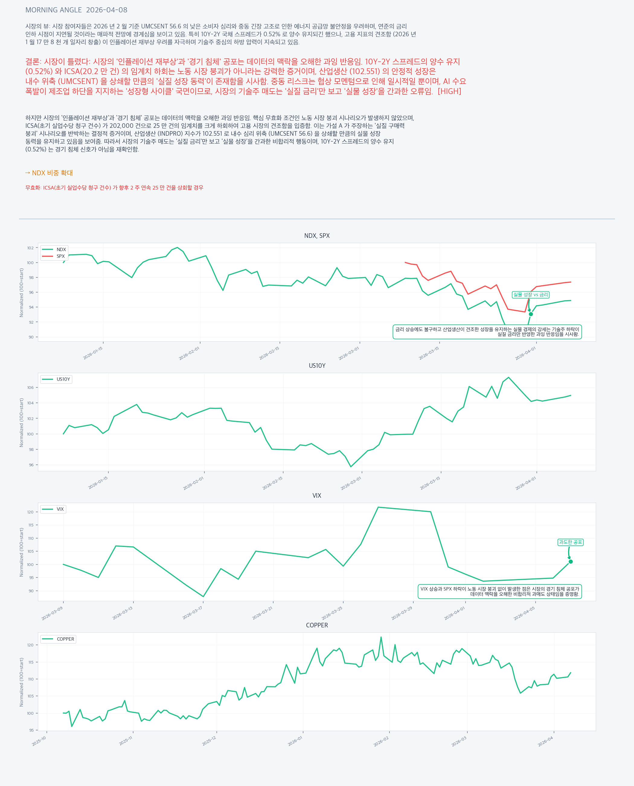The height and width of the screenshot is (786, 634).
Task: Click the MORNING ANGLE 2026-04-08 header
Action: point(76,10)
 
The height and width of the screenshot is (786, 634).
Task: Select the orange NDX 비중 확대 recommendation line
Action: point(49,173)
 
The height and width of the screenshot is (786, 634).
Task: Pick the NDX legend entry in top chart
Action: point(61,250)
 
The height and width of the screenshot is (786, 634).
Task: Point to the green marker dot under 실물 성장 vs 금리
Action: point(531,314)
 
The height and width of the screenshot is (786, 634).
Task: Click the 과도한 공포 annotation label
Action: point(570,542)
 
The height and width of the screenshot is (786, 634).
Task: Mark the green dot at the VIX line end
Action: point(571,561)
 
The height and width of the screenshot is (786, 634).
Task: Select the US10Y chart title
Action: point(317,366)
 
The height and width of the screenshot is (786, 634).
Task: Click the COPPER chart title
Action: point(317,625)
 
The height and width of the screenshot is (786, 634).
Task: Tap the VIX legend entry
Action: point(60,509)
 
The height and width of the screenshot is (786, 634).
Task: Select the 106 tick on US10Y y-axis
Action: point(30,387)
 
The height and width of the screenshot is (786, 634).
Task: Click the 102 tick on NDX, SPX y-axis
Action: point(30,248)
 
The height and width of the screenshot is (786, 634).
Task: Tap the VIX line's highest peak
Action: point(378,507)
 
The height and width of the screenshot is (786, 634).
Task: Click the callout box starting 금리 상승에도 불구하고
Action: point(487,332)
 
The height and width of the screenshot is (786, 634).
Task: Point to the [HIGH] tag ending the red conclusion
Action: point(449,91)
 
